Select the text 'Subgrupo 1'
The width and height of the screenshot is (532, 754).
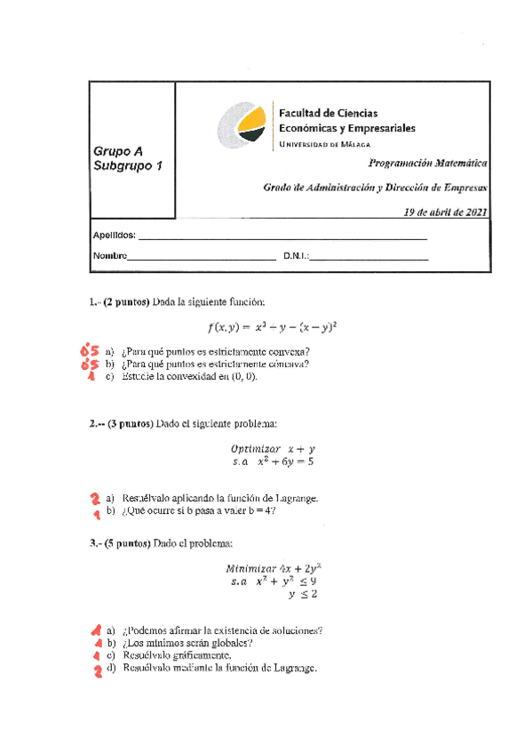(x=128, y=166)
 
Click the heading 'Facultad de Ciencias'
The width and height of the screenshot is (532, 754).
(x=328, y=113)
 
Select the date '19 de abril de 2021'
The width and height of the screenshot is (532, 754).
(x=445, y=212)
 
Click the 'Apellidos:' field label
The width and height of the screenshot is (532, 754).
(x=114, y=235)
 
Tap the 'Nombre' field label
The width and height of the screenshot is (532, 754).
(x=110, y=257)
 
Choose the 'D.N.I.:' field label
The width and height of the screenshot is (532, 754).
(x=295, y=257)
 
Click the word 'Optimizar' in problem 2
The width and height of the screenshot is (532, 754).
(x=255, y=449)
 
